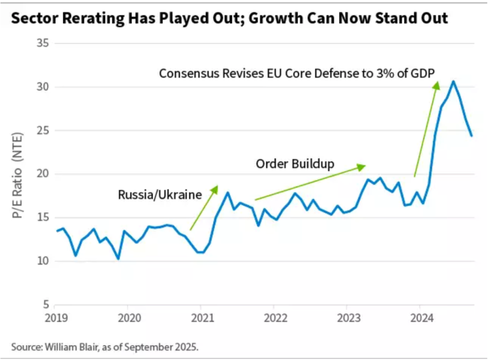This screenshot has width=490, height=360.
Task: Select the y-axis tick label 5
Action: pos(46,305)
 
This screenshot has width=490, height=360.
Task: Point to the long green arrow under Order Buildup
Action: pos(310,182)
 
